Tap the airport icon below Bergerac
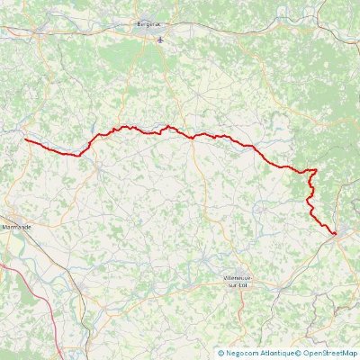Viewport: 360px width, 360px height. (x=160, y=40)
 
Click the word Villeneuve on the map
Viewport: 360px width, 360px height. (x=238, y=278)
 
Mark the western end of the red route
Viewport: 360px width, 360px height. (x=24, y=139)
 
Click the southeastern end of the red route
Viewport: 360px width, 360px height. (x=335, y=234)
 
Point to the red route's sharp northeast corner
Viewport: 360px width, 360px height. (x=316, y=169)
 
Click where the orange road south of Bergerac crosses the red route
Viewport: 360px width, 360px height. (x=193, y=137)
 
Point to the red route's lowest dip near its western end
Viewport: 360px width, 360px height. (x=78, y=154)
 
